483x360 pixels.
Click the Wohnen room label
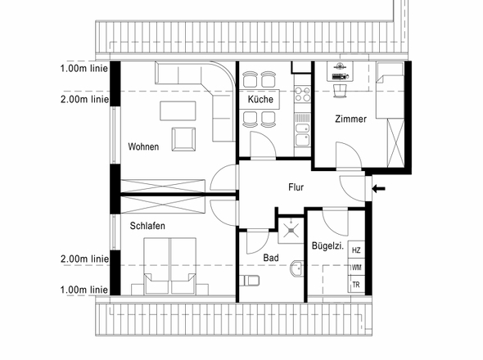pos(143,146)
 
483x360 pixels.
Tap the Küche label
pos(260,99)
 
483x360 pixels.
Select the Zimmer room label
pos(351,119)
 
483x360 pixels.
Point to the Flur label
pos(296,187)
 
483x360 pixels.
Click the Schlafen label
pos(147,226)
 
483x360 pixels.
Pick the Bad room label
pos(271,258)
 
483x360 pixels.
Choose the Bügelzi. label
pos(327,245)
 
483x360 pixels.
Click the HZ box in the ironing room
pos(356,250)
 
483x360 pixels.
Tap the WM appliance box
pos(356,267)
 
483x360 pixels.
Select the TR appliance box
pos(356,284)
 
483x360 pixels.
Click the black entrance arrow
pos(378,188)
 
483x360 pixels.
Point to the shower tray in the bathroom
pos(291,231)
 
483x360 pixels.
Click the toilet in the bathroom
pos(249,281)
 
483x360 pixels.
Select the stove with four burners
pos(302,94)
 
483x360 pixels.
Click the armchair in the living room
pos(183,139)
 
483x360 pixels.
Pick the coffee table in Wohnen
pos(178,111)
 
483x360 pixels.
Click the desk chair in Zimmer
pos(340,91)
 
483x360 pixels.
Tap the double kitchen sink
pos(302,134)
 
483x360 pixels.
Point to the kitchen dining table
pos(260,99)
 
